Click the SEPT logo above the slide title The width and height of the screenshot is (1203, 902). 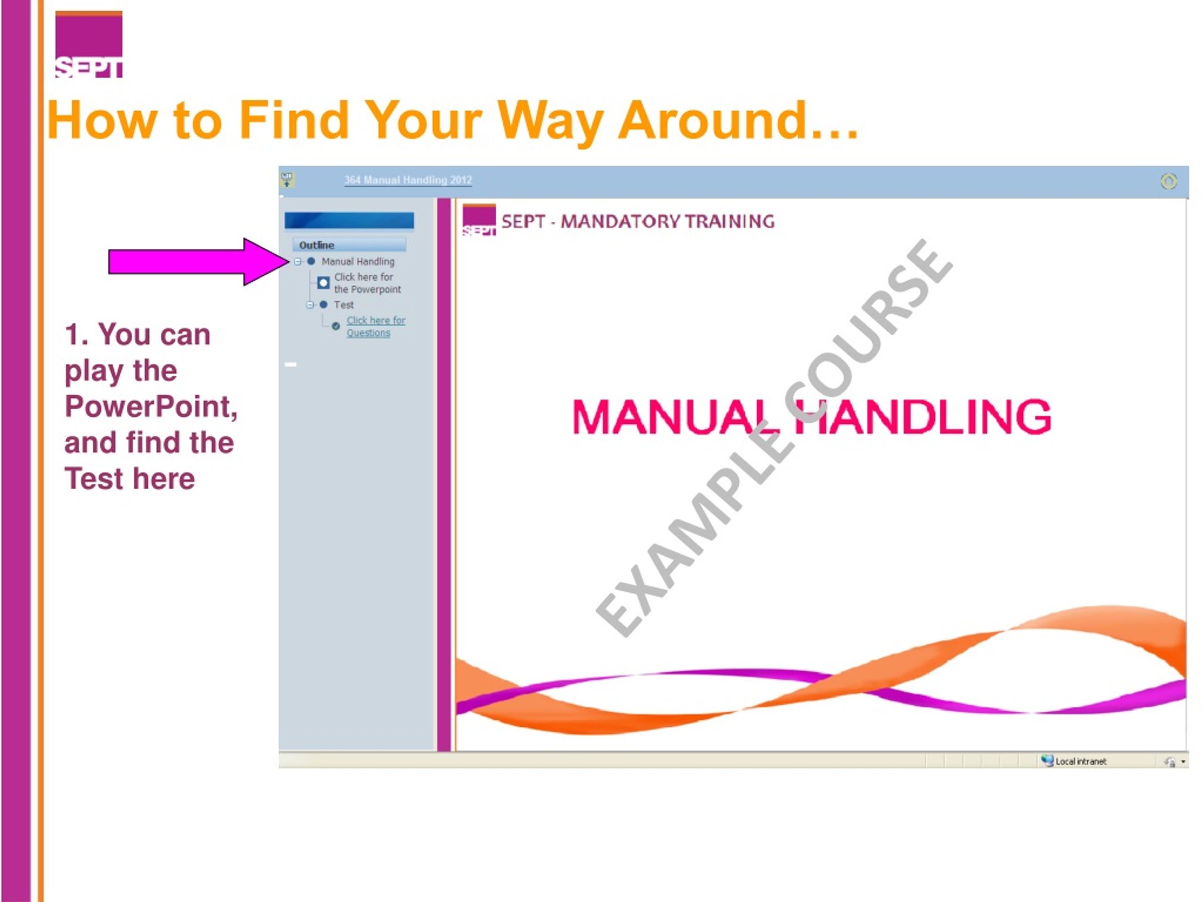pos(89,45)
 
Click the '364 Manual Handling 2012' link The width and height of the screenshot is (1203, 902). pos(408,180)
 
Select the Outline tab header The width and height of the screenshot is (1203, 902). pos(349,245)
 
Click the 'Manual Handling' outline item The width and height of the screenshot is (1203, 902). pos(358,262)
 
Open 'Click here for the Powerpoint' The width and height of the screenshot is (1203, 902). pos(367,283)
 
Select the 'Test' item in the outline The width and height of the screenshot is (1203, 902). pos(344,305)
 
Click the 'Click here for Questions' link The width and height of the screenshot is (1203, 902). pos(376,326)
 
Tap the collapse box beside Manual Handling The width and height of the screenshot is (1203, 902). pos(298,262)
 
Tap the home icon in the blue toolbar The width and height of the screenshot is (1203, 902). pos(1169,181)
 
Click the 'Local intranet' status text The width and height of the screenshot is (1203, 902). pos(1081,762)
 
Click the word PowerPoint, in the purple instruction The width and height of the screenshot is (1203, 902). pos(151,407)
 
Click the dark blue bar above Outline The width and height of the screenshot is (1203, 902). pos(349,220)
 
